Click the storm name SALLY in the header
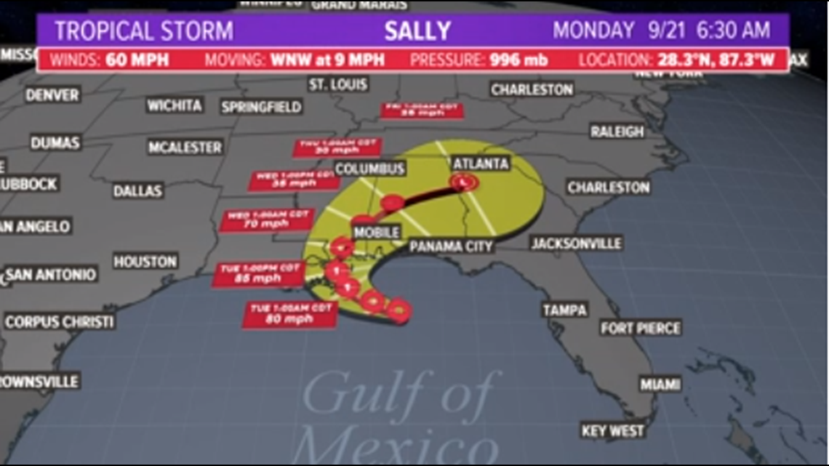417,31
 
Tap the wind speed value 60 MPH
138,60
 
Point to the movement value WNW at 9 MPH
327,60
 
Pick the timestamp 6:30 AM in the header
734,31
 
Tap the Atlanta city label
480,163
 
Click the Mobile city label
376,233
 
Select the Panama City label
451,246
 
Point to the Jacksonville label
576,243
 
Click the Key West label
613,431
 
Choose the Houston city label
145,261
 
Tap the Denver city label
52,95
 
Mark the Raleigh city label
617,132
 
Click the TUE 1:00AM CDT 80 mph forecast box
289,314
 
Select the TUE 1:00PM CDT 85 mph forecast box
260,273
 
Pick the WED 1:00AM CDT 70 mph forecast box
266,220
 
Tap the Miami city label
660,384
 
